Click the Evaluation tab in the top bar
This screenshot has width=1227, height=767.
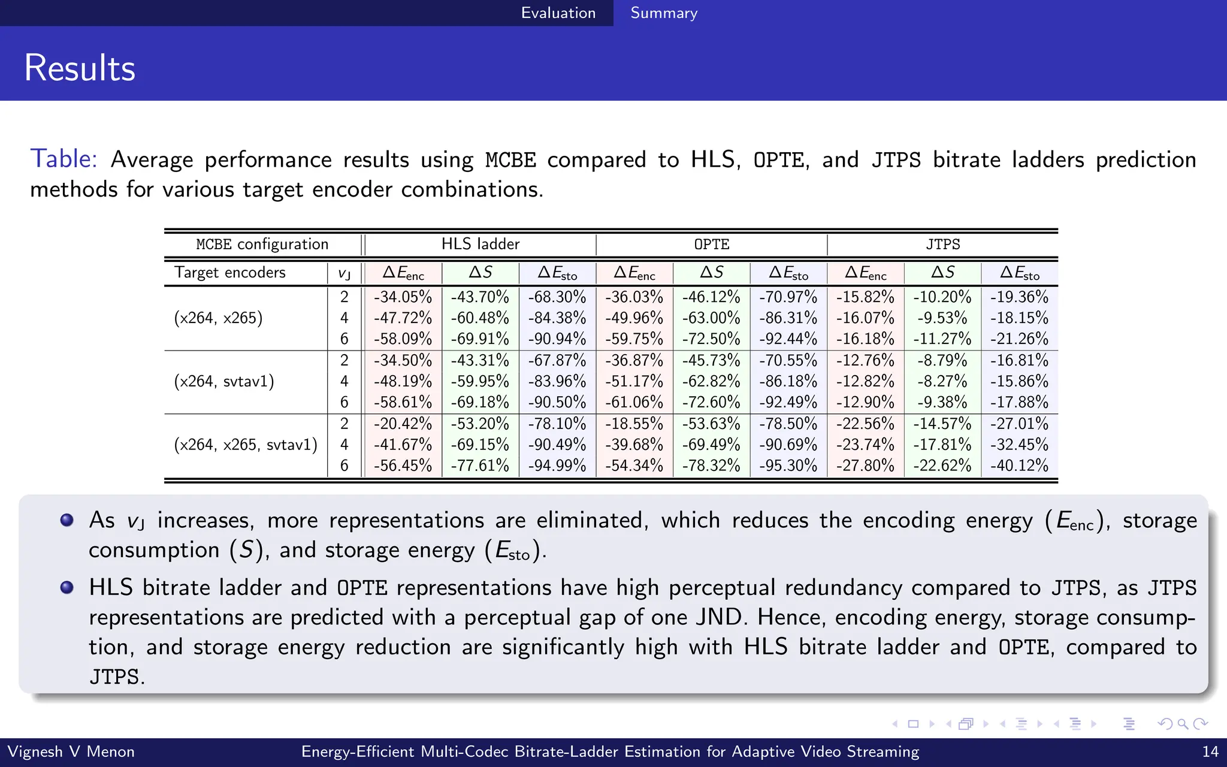558,13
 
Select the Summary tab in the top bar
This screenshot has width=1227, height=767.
664,13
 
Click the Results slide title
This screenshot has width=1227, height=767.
80,68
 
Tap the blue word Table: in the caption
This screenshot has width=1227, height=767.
64,159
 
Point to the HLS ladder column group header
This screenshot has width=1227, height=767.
480,244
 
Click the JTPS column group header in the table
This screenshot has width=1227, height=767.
942,244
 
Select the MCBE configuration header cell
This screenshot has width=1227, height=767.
262,244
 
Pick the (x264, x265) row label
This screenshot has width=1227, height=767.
218,318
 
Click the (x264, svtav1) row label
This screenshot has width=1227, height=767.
224,382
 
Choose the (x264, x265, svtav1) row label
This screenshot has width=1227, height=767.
246,445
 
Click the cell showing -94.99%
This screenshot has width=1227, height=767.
557,466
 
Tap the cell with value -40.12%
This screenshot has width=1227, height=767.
1019,466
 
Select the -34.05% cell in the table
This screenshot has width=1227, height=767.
403,297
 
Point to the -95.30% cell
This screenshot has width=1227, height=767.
788,466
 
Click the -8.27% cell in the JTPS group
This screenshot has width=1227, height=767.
942,382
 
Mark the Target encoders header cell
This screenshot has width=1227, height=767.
230,273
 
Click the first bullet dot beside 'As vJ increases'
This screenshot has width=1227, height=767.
67,520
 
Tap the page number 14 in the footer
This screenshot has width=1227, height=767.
1210,752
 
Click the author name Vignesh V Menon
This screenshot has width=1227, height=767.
71,752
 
